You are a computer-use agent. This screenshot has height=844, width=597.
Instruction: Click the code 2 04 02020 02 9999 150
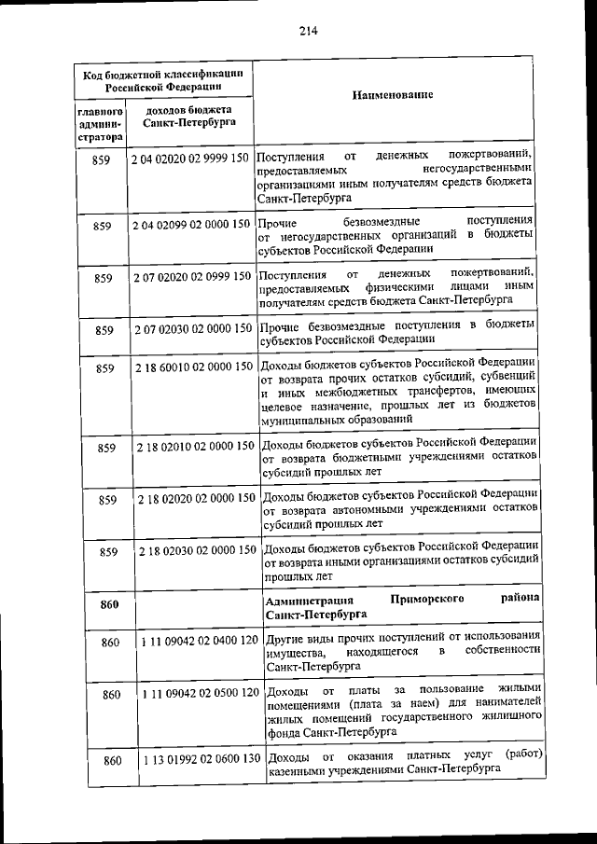point(191,159)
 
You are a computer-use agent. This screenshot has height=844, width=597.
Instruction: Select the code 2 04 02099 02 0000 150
point(191,225)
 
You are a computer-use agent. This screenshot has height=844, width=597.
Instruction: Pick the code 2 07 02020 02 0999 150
point(191,276)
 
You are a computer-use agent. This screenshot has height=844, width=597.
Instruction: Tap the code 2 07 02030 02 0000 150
point(191,328)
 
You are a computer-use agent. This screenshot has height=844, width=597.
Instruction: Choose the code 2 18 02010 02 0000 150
point(195,447)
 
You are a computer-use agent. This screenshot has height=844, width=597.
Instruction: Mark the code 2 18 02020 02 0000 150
point(195,499)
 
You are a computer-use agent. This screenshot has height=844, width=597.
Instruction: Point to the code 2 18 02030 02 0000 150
point(195,551)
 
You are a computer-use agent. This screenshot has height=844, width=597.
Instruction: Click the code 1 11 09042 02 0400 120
point(199,642)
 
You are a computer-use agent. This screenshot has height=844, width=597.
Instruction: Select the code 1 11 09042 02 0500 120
point(199,694)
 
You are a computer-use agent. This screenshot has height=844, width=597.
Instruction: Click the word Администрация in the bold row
point(309,600)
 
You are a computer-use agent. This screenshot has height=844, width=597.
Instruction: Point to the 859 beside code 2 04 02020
point(103,159)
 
